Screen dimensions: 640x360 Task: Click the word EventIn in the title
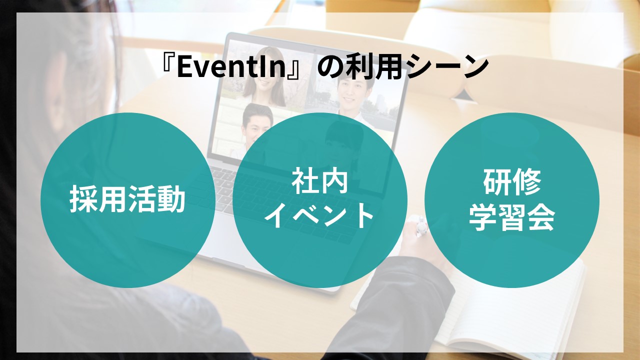231,68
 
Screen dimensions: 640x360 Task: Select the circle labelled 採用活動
128,200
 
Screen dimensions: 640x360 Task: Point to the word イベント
319,215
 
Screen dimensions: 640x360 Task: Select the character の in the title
331,68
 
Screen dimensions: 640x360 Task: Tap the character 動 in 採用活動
172,199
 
